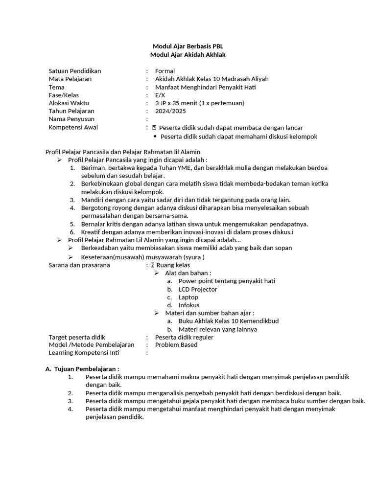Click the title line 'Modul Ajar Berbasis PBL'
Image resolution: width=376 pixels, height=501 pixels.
click(x=188, y=46)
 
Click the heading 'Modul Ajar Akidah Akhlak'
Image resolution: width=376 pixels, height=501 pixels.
click(x=188, y=55)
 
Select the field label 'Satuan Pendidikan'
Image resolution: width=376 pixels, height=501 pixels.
click(x=74, y=71)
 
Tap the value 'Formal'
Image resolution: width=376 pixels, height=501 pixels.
click(x=165, y=71)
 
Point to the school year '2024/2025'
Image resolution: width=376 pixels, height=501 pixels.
click(x=168, y=111)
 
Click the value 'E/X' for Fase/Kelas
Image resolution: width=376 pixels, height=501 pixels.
click(x=160, y=95)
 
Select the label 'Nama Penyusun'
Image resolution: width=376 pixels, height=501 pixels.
click(x=71, y=119)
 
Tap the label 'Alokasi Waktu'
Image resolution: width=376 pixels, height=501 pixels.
click(x=70, y=103)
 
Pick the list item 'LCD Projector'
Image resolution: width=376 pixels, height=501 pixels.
click(x=198, y=289)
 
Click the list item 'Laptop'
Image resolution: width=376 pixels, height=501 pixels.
click(x=188, y=297)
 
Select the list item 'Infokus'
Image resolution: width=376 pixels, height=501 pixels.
click(x=189, y=305)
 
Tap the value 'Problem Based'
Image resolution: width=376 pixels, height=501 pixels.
click(x=176, y=345)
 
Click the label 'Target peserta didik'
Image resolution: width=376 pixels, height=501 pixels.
click(x=77, y=337)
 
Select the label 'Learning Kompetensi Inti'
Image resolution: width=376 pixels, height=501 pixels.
click(x=84, y=353)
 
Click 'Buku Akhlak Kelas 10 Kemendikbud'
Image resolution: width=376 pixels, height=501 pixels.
click(x=229, y=321)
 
